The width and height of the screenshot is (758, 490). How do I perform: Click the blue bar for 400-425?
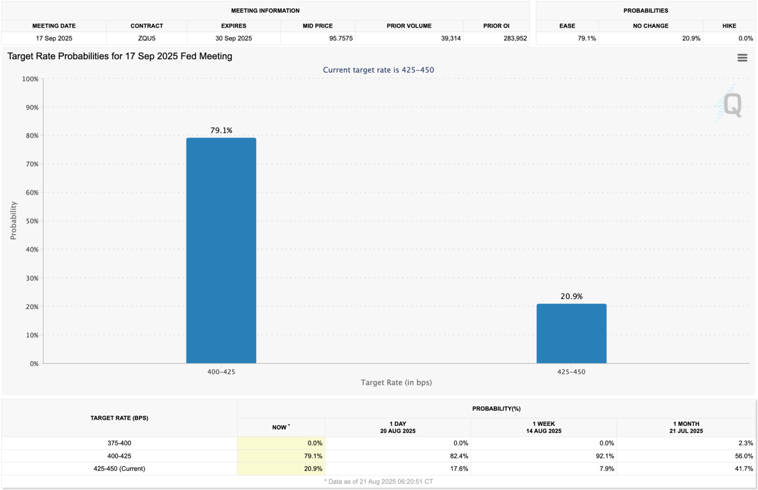(x=221, y=250)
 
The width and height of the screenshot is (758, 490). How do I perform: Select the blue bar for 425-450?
(x=571, y=333)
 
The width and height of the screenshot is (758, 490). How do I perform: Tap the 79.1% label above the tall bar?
(x=221, y=130)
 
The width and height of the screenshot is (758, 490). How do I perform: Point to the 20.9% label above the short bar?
(x=571, y=296)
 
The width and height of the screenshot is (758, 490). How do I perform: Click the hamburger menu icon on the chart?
(x=742, y=58)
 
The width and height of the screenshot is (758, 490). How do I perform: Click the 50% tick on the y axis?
(x=30, y=221)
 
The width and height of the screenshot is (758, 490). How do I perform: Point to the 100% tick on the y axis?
(x=30, y=79)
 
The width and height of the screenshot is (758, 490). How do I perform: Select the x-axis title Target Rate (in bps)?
(x=396, y=382)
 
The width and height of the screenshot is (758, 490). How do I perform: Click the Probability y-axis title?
(x=14, y=220)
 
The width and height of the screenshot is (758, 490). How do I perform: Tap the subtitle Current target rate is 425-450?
(x=378, y=70)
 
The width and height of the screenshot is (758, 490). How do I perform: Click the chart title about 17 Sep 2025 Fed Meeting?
(x=120, y=56)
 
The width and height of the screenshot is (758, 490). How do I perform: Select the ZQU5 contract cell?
(x=146, y=38)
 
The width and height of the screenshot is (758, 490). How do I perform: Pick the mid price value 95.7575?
(x=340, y=38)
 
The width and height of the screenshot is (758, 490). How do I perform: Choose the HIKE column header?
(x=729, y=26)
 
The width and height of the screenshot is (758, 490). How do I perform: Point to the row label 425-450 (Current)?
(x=119, y=469)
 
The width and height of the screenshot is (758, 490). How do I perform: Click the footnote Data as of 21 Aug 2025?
(x=378, y=481)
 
